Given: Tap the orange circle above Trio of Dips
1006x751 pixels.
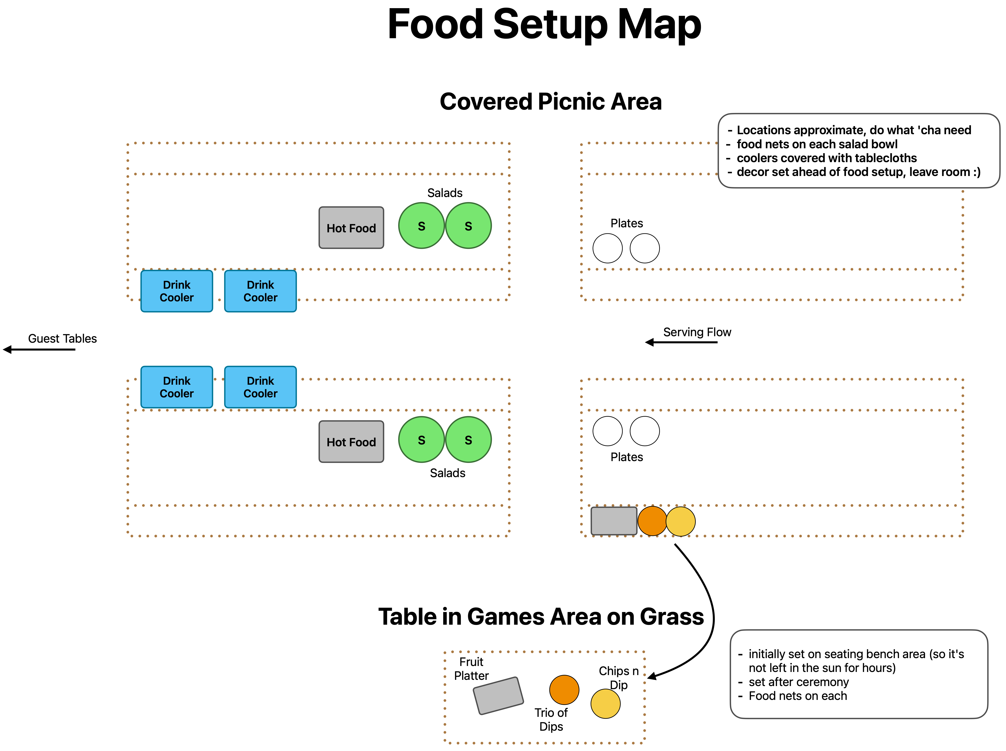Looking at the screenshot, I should [564, 690].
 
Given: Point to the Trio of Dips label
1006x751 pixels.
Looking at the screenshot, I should [551, 720].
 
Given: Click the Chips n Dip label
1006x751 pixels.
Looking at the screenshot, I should [619, 678].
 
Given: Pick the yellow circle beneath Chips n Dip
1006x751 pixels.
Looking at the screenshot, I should [605, 704].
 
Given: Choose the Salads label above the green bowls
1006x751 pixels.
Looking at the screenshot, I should [444, 193].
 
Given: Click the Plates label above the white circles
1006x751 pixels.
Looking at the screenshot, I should [626, 223].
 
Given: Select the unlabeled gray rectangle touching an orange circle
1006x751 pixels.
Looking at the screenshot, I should [614, 521].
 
